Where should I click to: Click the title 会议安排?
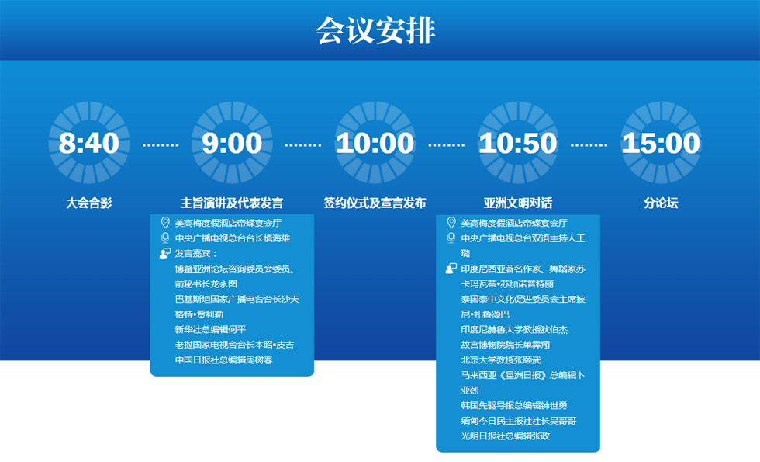tap(375, 30)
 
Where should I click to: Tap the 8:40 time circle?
tap(89, 143)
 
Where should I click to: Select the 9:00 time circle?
tap(232, 143)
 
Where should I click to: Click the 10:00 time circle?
tap(375, 143)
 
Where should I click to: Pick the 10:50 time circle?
tap(518, 143)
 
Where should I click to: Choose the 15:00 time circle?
tap(661, 143)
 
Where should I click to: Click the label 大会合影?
tap(89, 203)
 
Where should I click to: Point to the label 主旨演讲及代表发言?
tap(232, 203)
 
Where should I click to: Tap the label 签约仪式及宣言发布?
tap(375, 203)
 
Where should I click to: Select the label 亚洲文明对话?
tap(518, 203)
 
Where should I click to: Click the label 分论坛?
tap(661, 203)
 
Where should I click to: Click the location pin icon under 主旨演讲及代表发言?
tap(165, 223)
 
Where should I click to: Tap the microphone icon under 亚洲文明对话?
tap(451, 238)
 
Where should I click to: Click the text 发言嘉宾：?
tap(196, 253)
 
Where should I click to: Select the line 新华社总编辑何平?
tap(210, 329)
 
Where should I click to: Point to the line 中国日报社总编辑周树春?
tap(223, 360)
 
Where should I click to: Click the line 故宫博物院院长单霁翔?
tap(505, 345)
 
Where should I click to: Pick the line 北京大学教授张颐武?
tap(501, 360)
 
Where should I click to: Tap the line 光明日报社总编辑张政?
tap(505, 436)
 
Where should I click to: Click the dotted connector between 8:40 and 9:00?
tap(161, 144)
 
